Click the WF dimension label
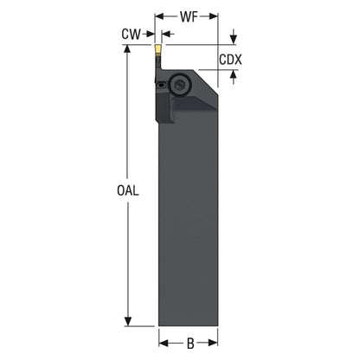tap(189, 16)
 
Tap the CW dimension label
tap(131, 35)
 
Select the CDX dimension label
tap(230, 60)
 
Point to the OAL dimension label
tap(128, 190)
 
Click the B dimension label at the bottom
tap(190, 344)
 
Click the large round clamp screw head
tap(178, 85)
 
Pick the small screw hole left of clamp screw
tap(162, 85)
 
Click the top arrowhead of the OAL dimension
tap(127, 49)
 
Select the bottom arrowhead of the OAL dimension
tap(127, 322)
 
